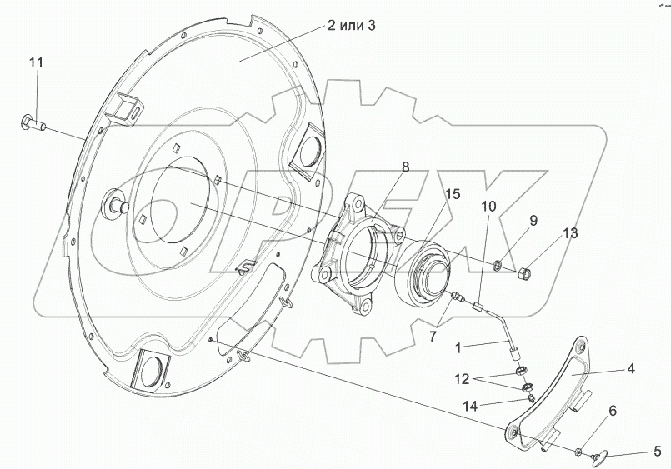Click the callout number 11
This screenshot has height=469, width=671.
click(x=37, y=62)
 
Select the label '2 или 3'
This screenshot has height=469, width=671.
click(x=351, y=26)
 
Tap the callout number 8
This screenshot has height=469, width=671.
click(x=405, y=167)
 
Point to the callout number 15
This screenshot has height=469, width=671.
click(x=452, y=194)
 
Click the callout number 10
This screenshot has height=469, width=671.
click(x=489, y=207)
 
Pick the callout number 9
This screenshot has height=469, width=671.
click(x=533, y=221)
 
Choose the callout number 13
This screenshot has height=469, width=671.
click(x=570, y=233)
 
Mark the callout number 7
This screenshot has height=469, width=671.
click(x=433, y=337)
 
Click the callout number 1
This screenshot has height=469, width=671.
click(x=458, y=348)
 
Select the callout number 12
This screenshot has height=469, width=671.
click(x=463, y=379)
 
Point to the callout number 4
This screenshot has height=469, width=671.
click(x=631, y=368)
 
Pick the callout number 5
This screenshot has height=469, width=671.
click(x=657, y=451)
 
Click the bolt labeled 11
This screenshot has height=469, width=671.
click(x=33, y=123)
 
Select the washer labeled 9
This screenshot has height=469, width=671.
click(x=498, y=267)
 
